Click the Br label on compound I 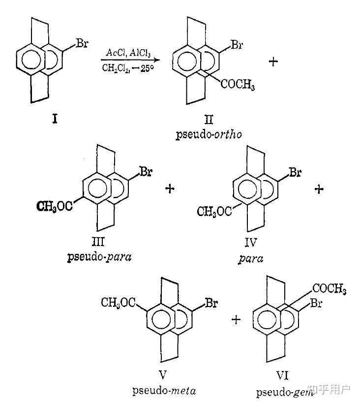click(x=82, y=43)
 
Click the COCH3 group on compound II click(x=238, y=86)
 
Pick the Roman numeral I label click(x=54, y=119)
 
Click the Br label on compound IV click(x=295, y=173)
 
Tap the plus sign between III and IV click(x=170, y=189)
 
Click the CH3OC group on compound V click(x=119, y=302)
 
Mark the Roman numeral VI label click(x=282, y=376)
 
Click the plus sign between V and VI click(x=237, y=320)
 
